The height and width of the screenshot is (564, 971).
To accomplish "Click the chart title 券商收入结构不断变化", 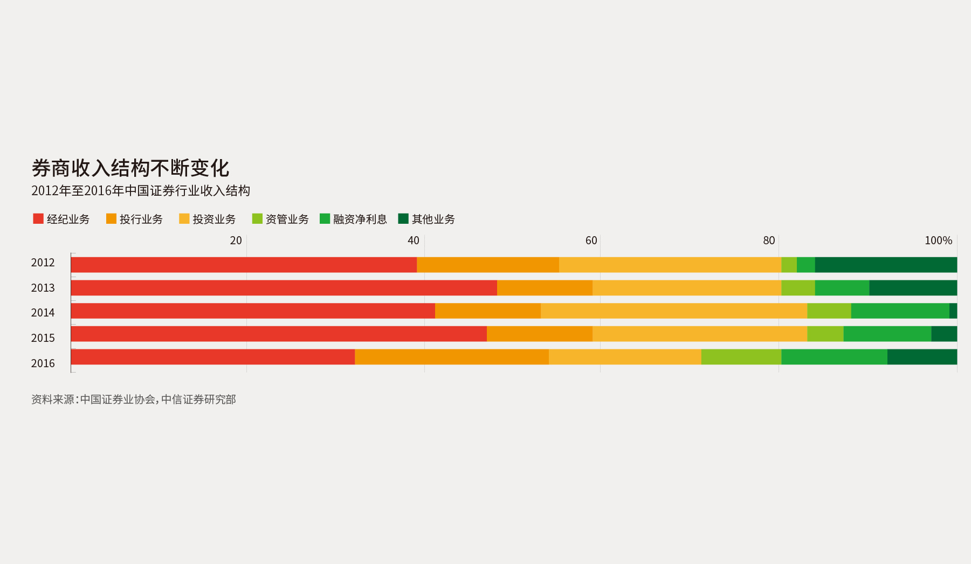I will coord(130,168).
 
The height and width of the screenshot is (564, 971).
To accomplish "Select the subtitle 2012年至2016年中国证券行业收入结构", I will coord(140,191).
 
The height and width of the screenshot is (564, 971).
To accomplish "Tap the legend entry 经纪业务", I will coord(61,219).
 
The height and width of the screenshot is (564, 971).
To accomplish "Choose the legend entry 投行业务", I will coord(134,219).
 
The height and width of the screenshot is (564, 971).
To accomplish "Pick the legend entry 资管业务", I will coord(280,219).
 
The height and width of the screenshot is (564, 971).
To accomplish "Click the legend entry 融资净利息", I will coord(353,219).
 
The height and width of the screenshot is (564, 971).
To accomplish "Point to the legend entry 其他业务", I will coord(426,219).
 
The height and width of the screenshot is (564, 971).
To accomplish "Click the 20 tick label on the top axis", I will coord(236,240).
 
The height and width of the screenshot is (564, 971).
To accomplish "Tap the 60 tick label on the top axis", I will coord(591,240).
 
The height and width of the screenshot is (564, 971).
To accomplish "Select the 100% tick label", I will coord(938,240).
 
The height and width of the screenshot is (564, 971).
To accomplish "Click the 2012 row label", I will coord(43,263).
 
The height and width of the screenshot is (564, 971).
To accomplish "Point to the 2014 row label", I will coord(43,313).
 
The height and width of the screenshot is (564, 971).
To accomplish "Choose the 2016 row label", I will coord(43,363).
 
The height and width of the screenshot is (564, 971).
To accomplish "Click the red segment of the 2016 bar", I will coord(212,357).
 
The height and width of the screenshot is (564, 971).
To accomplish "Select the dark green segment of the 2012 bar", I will coord(886,265).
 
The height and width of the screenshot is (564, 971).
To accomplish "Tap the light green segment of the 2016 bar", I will coord(741,357).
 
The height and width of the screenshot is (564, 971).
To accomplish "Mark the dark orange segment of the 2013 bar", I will coord(545,288).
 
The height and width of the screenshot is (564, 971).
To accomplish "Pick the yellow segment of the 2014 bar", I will coord(673,311).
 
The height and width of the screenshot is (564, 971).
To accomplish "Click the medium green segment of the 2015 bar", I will coord(887,334).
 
